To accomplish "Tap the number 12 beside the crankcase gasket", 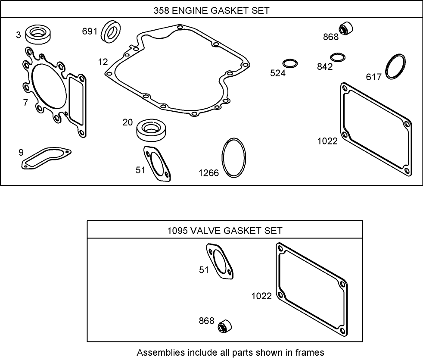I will (103, 62).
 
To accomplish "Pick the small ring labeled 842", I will (338, 57).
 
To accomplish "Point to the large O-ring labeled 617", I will (395, 67).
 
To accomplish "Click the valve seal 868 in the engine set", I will (345, 29).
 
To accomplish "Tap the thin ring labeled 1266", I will (234, 157).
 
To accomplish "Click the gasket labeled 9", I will (45, 158).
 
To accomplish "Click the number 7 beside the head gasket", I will (25, 103).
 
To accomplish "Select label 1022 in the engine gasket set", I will (327, 141).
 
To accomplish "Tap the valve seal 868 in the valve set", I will (225, 326).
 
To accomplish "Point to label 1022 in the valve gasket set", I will (261, 296).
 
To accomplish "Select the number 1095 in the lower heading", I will (177, 231).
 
